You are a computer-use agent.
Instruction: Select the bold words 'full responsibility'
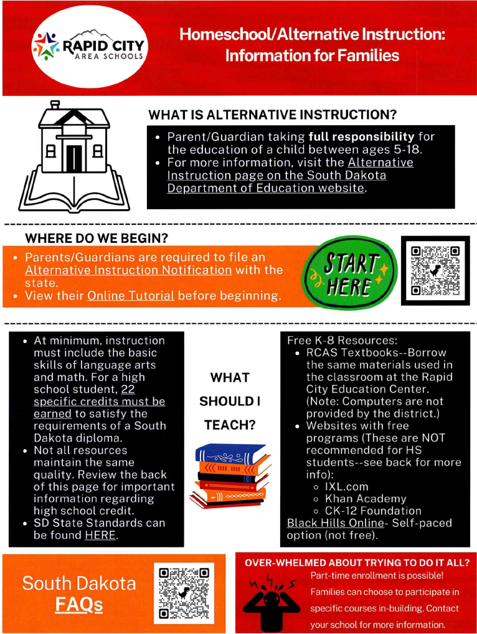point(361,136)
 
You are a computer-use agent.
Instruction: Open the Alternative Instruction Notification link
point(128,270)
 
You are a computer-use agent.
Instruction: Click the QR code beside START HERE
point(435,270)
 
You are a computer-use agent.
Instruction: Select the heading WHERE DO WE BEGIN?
point(97,238)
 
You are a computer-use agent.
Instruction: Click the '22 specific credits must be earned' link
point(100,401)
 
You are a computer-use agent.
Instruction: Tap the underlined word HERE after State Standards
point(100,535)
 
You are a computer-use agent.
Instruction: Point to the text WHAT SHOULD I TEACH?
point(230,401)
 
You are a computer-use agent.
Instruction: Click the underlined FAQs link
point(79,603)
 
